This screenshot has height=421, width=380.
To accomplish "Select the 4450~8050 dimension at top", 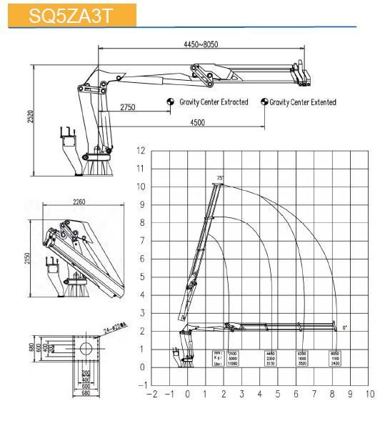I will (x=200, y=45).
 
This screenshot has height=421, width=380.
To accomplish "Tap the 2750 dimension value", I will (x=128, y=107).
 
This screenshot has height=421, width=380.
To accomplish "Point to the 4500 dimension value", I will (x=197, y=122).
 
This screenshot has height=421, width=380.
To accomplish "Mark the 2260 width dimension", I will (x=79, y=202).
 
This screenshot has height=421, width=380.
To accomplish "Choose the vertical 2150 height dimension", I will (x=26, y=257).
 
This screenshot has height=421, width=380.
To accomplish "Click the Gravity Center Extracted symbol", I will (x=170, y=102).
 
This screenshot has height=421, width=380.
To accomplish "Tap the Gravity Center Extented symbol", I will (x=264, y=102).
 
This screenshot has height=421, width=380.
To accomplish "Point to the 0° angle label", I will (x=344, y=327).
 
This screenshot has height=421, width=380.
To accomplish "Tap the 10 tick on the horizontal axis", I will (x=369, y=393).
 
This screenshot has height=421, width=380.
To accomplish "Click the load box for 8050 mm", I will (x=335, y=358).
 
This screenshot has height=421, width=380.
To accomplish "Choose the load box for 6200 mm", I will (x=302, y=358).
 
